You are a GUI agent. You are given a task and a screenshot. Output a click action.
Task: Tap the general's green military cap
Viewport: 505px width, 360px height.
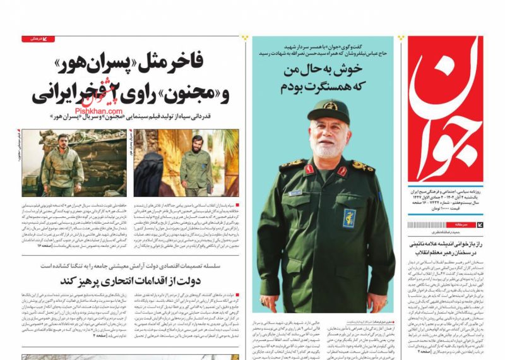coord(328,111)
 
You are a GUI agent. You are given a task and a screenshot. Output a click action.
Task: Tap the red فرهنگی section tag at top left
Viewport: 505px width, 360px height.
coord(39,39)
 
